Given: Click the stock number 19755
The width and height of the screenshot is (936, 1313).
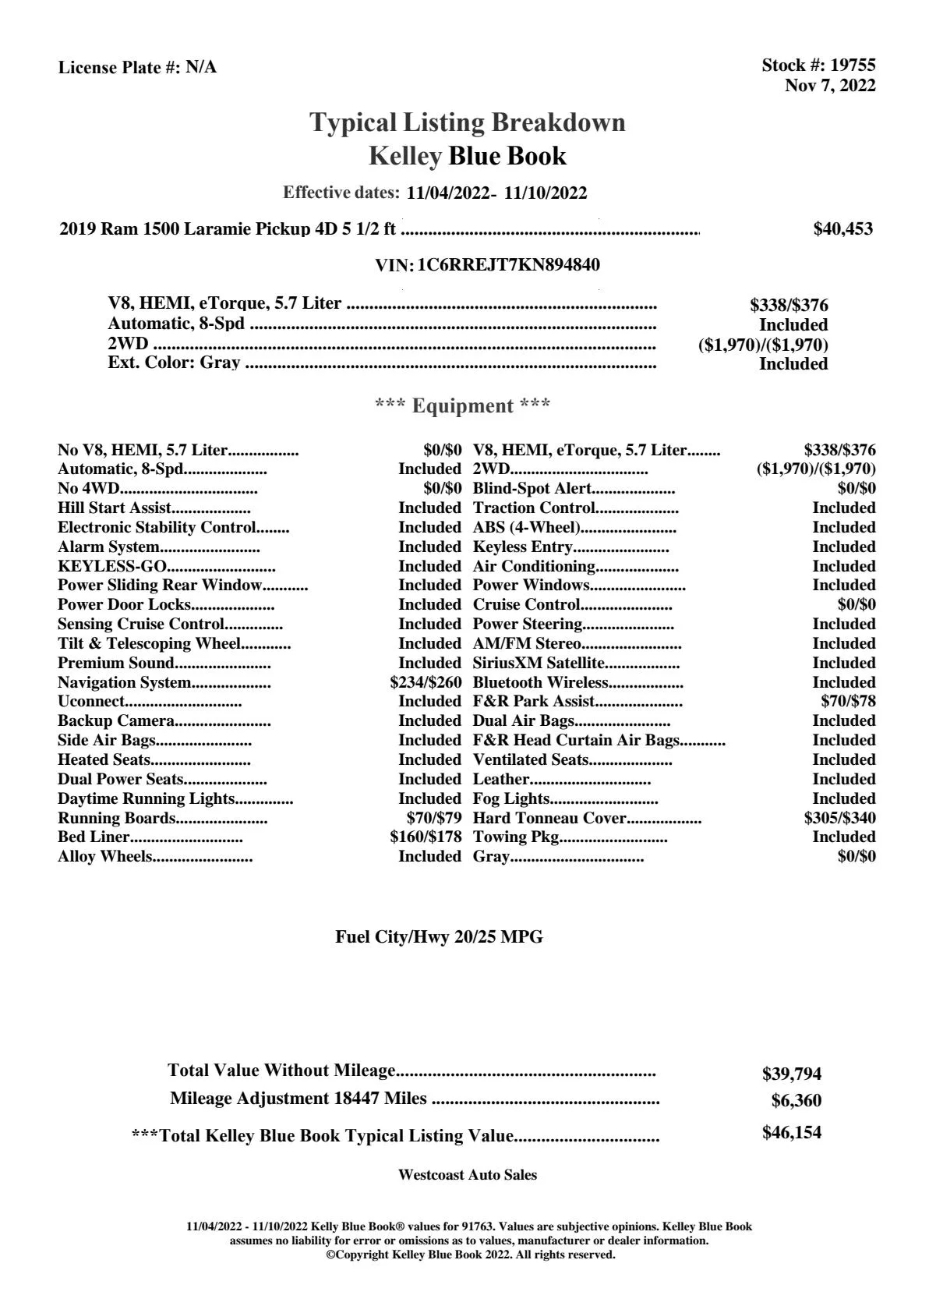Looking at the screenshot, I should coord(853,65).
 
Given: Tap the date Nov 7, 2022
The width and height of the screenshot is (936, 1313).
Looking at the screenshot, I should coord(830,86).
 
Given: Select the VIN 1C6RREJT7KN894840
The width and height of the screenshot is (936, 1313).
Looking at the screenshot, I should coord(508,265).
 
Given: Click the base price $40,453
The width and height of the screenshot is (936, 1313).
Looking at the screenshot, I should coord(843,229).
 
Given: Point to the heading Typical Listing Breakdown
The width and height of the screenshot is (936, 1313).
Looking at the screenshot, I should coord(468,123).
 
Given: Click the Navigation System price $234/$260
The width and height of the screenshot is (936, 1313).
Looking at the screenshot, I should coord(426,683).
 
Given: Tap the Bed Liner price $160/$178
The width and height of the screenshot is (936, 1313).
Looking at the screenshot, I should coord(426,837).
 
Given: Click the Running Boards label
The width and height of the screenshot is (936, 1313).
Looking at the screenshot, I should coord(116,819).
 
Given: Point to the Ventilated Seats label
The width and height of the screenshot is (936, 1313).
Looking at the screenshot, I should coord(531,760).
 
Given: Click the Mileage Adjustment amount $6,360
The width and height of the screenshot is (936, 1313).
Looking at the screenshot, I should coord(796,1102).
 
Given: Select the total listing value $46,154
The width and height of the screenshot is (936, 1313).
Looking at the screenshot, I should coord(792,1133).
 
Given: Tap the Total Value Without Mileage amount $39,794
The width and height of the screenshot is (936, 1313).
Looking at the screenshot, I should coord(792,1074).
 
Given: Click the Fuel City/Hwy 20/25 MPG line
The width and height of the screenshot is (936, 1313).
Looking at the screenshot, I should coord(439,938).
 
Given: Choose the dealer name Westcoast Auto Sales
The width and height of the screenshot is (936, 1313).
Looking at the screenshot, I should coord(468,1175).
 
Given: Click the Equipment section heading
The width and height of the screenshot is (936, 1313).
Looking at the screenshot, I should coord(463,406).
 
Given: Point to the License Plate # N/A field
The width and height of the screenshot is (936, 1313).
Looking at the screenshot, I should coord(137,68).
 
